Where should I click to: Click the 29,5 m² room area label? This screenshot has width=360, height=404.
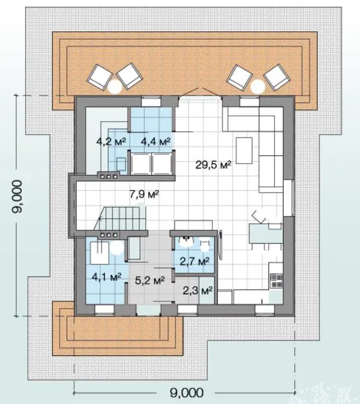click(x=213, y=165)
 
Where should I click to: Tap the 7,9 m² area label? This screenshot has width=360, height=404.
click(x=144, y=194)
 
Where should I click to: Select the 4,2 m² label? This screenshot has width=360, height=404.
click(x=111, y=141)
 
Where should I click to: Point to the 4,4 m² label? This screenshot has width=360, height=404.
click(x=156, y=141)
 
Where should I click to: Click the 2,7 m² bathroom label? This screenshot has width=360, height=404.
click(x=195, y=261)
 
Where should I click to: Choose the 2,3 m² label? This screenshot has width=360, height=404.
click(x=197, y=290)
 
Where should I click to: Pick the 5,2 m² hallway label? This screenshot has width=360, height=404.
click(x=150, y=280)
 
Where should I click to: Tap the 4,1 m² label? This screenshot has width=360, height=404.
click(x=107, y=277)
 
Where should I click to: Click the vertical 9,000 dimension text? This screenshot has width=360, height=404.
click(x=18, y=196)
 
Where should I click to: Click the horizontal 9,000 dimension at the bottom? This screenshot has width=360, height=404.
click(x=187, y=393)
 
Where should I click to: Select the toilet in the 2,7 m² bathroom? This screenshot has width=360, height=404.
click(x=204, y=245)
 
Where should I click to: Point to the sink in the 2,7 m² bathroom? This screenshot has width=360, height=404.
click(x=187, y=241)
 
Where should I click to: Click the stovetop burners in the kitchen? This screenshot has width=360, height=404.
click(x=276, y=281)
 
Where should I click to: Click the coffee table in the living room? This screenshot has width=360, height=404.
click(x=244, y=150)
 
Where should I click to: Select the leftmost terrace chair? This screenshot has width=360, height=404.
click(x=100, y=77)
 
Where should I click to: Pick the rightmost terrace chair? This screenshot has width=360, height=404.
click(x=277, y=77)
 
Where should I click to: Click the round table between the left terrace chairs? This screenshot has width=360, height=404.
click(x=115, y=86)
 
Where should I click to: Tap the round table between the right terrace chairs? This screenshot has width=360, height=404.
click(x=258, y=86)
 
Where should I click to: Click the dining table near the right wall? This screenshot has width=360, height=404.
click(x=266, y=234)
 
